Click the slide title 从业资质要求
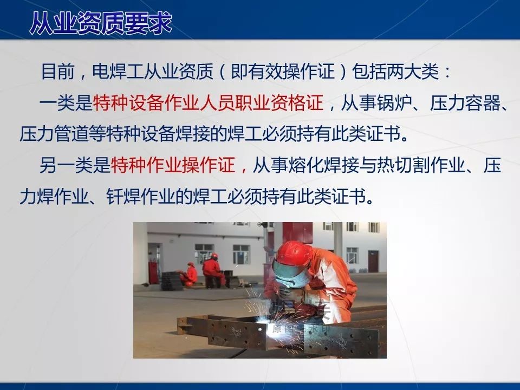100,23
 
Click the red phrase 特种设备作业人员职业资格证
209,103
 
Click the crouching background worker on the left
190,274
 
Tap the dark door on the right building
373,261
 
